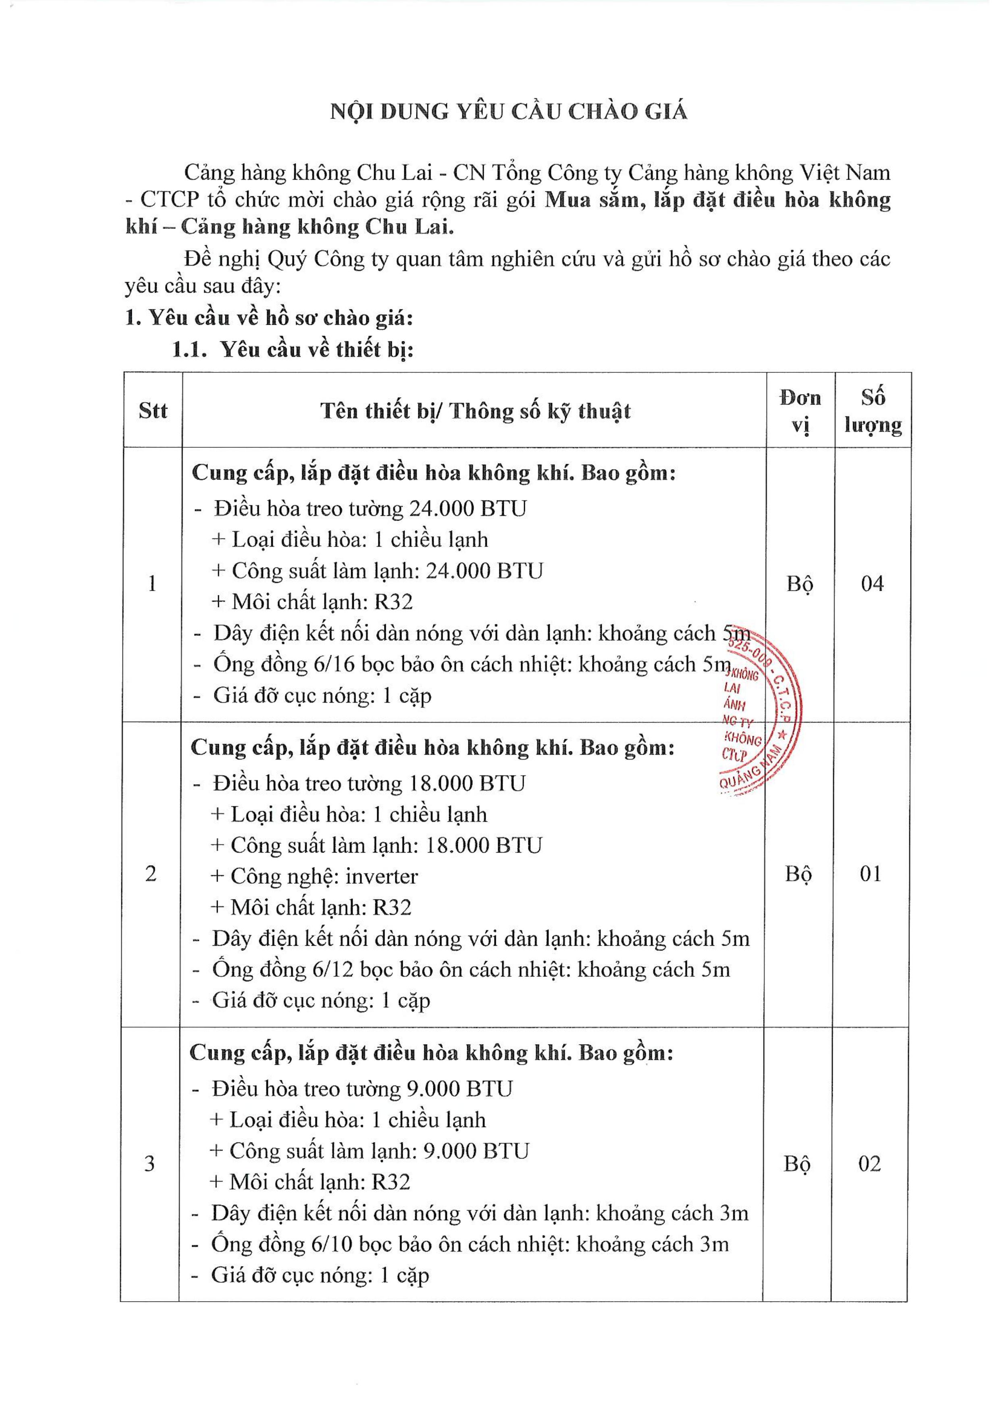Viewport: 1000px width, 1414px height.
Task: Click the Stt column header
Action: [152, 411]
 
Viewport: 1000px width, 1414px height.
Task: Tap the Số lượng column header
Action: [873, 411]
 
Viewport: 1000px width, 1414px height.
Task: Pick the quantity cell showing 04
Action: [872, 583]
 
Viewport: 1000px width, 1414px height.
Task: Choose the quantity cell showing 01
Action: [871, 874]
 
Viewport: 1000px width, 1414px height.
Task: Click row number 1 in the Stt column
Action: [152, 583]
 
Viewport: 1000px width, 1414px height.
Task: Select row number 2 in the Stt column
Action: [151, 874]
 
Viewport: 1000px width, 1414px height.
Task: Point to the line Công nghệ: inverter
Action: [314, 876]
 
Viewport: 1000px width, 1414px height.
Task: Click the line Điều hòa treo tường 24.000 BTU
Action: [370, 509]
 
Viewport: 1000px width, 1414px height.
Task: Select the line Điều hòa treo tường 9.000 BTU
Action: [362, 1089]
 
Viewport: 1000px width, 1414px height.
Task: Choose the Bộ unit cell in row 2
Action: [798, 874]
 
